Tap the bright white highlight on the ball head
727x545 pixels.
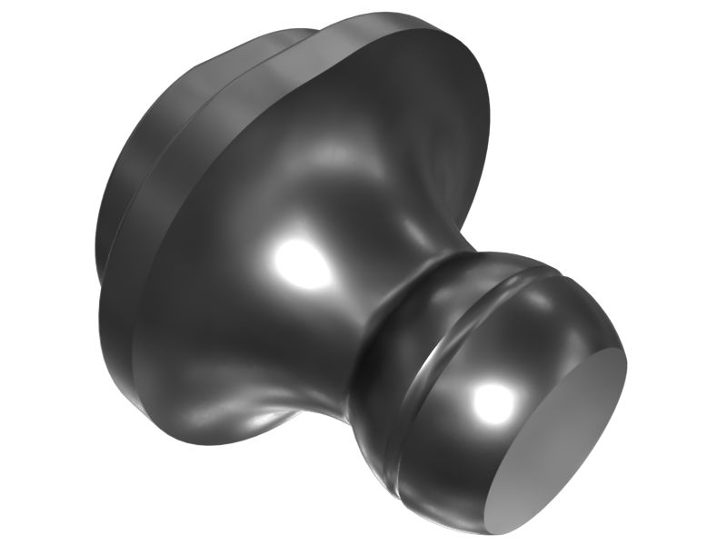point(493,400)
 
